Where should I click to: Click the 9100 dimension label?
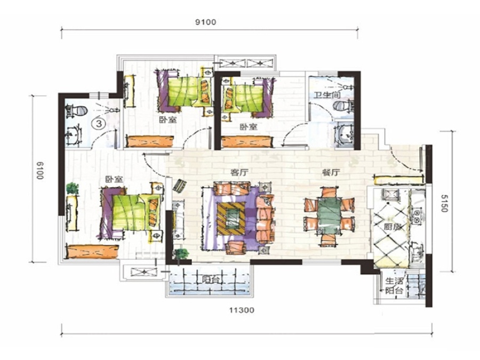point(205,22)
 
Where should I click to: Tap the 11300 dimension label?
point(242,310)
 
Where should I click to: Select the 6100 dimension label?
point(40,171)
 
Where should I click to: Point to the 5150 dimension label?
point(444,203)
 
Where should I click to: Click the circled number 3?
point(99,123)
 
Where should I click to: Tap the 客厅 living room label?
point(239,173)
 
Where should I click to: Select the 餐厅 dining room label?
point(331,173)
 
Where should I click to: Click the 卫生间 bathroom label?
point(327,95)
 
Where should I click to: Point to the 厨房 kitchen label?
point(392,227)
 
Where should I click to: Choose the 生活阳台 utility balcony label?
point(394,286)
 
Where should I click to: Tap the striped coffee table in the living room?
point(231,218)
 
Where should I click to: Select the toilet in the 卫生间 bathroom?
point(343,106)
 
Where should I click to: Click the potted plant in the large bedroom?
point(72,188)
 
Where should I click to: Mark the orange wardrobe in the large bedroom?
point(92,251)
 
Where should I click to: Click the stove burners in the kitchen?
point(417,215)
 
